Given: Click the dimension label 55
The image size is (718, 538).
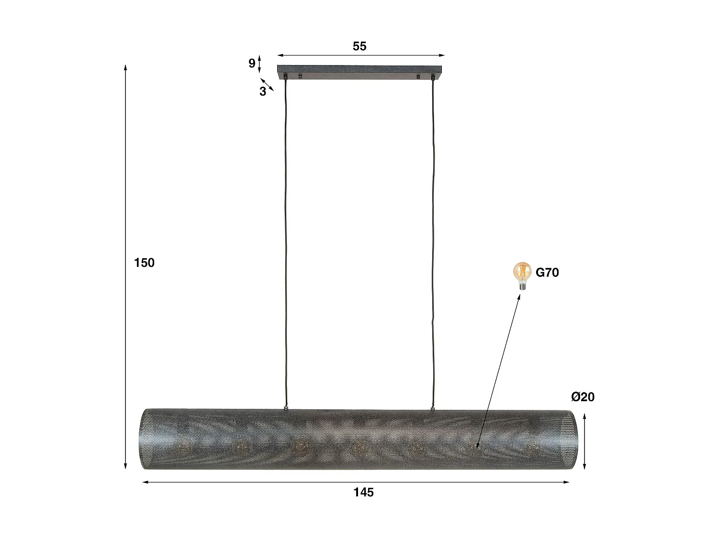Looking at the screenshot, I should (359, 46).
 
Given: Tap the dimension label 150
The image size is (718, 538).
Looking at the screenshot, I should (144, 263).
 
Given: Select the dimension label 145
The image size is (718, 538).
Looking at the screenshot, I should (363, 492).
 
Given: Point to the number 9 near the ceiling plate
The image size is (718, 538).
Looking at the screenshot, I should (252, 63).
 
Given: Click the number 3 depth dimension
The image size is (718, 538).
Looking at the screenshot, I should (263, 92).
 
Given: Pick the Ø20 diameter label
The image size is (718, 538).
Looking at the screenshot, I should (583, 396).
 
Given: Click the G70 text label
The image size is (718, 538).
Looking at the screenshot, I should (547, 273).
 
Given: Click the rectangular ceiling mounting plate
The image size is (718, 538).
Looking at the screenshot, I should (360, 71).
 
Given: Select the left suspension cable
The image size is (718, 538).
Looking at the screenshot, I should (286, 239).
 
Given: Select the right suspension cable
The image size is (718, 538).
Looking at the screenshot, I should (434, 239).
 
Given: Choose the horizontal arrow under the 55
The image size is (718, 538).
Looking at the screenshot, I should (360, 55).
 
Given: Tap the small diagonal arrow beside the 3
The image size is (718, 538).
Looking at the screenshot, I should (267, 85).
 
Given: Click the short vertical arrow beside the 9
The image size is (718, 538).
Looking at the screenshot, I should (259, 63).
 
